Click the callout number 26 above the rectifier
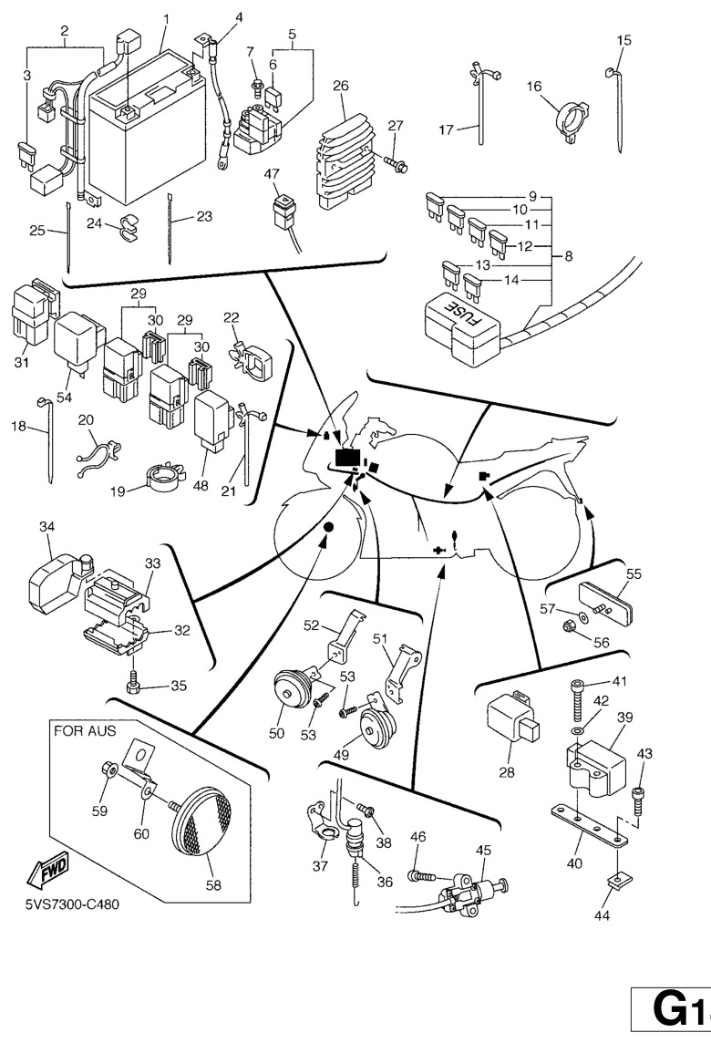[x=341, y=86]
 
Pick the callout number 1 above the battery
[x=167, y=19]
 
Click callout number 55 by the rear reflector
[x=634, y=574]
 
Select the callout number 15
[x=623, y=40]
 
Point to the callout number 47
[x=272, y=173]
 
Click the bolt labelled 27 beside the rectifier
[x=397, y=164]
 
